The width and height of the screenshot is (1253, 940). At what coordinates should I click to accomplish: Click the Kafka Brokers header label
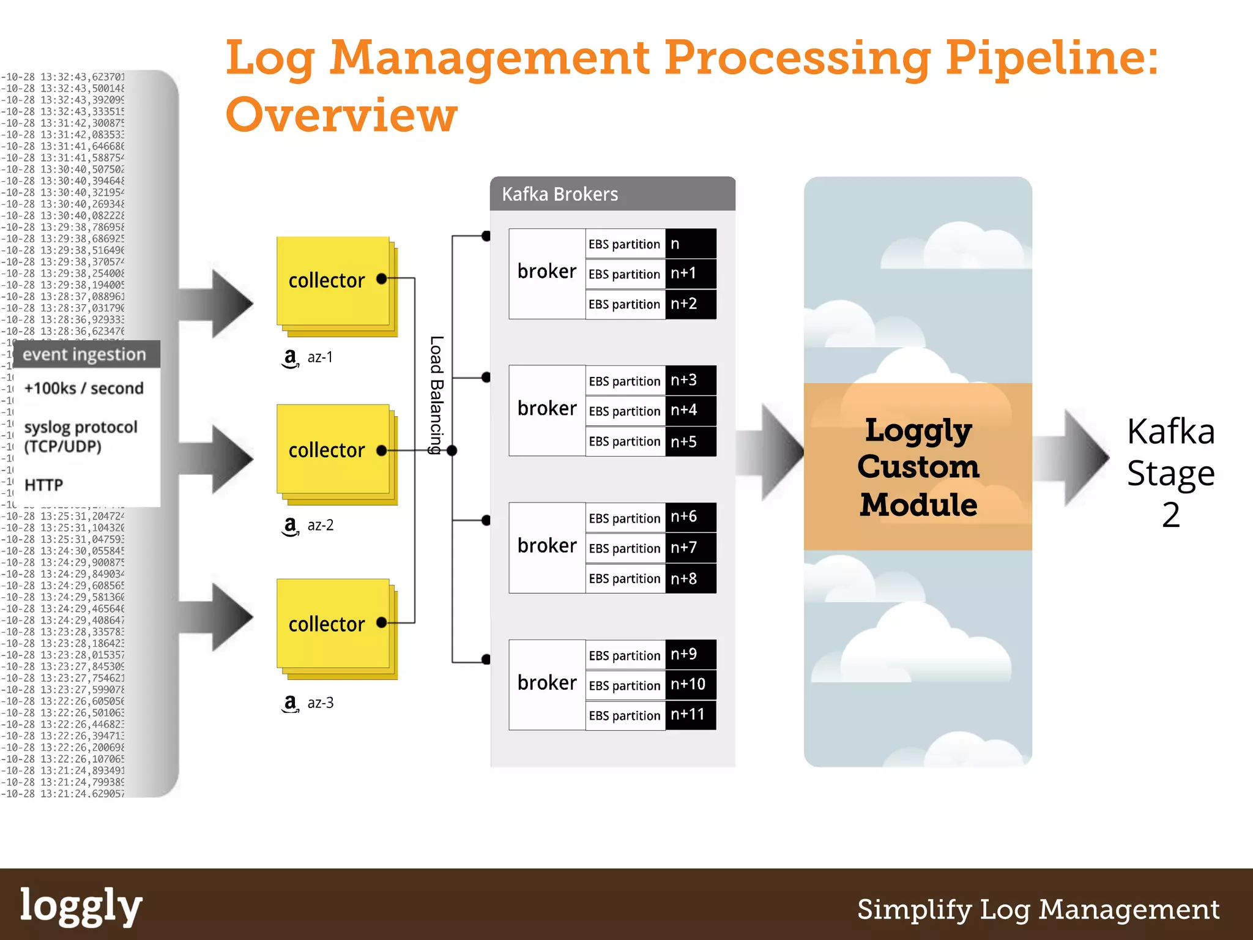point(560,194)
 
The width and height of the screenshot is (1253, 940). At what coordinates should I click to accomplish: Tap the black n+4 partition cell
point(690,410)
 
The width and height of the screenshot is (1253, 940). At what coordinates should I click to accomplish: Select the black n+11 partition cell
point(690,714)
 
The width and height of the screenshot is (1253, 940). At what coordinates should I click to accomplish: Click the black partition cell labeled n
point(690,244)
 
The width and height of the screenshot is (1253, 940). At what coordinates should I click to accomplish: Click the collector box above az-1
point(333,282)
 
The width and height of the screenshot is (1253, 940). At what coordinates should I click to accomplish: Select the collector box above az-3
point(333,624)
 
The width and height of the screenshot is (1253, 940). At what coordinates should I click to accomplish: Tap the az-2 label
point(320,525)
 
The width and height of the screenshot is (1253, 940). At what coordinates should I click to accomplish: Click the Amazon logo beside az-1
point(290,358)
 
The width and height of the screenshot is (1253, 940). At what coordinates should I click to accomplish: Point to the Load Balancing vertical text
point(436,395)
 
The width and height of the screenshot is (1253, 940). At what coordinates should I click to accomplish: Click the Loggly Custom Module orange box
point(918,466)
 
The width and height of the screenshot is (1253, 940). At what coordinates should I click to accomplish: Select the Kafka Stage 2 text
point(1170,472)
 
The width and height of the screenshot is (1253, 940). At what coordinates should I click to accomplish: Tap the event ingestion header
point(85,354)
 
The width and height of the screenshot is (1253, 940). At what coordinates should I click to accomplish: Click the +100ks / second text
point(84,388)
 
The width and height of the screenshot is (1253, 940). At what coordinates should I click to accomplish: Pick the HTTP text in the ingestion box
point(43,485)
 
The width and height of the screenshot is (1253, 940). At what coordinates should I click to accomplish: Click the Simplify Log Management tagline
point(1038,909)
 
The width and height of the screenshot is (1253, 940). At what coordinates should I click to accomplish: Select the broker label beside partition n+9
point(546,682)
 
